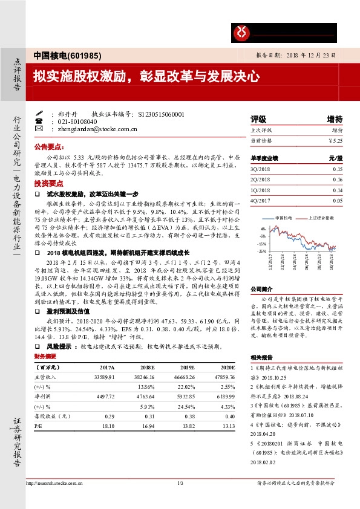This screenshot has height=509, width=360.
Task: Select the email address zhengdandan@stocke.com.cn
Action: [97, 129]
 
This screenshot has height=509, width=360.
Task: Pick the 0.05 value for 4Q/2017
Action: [338, 199]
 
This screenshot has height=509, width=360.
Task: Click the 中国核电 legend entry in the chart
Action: [284, 217]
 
